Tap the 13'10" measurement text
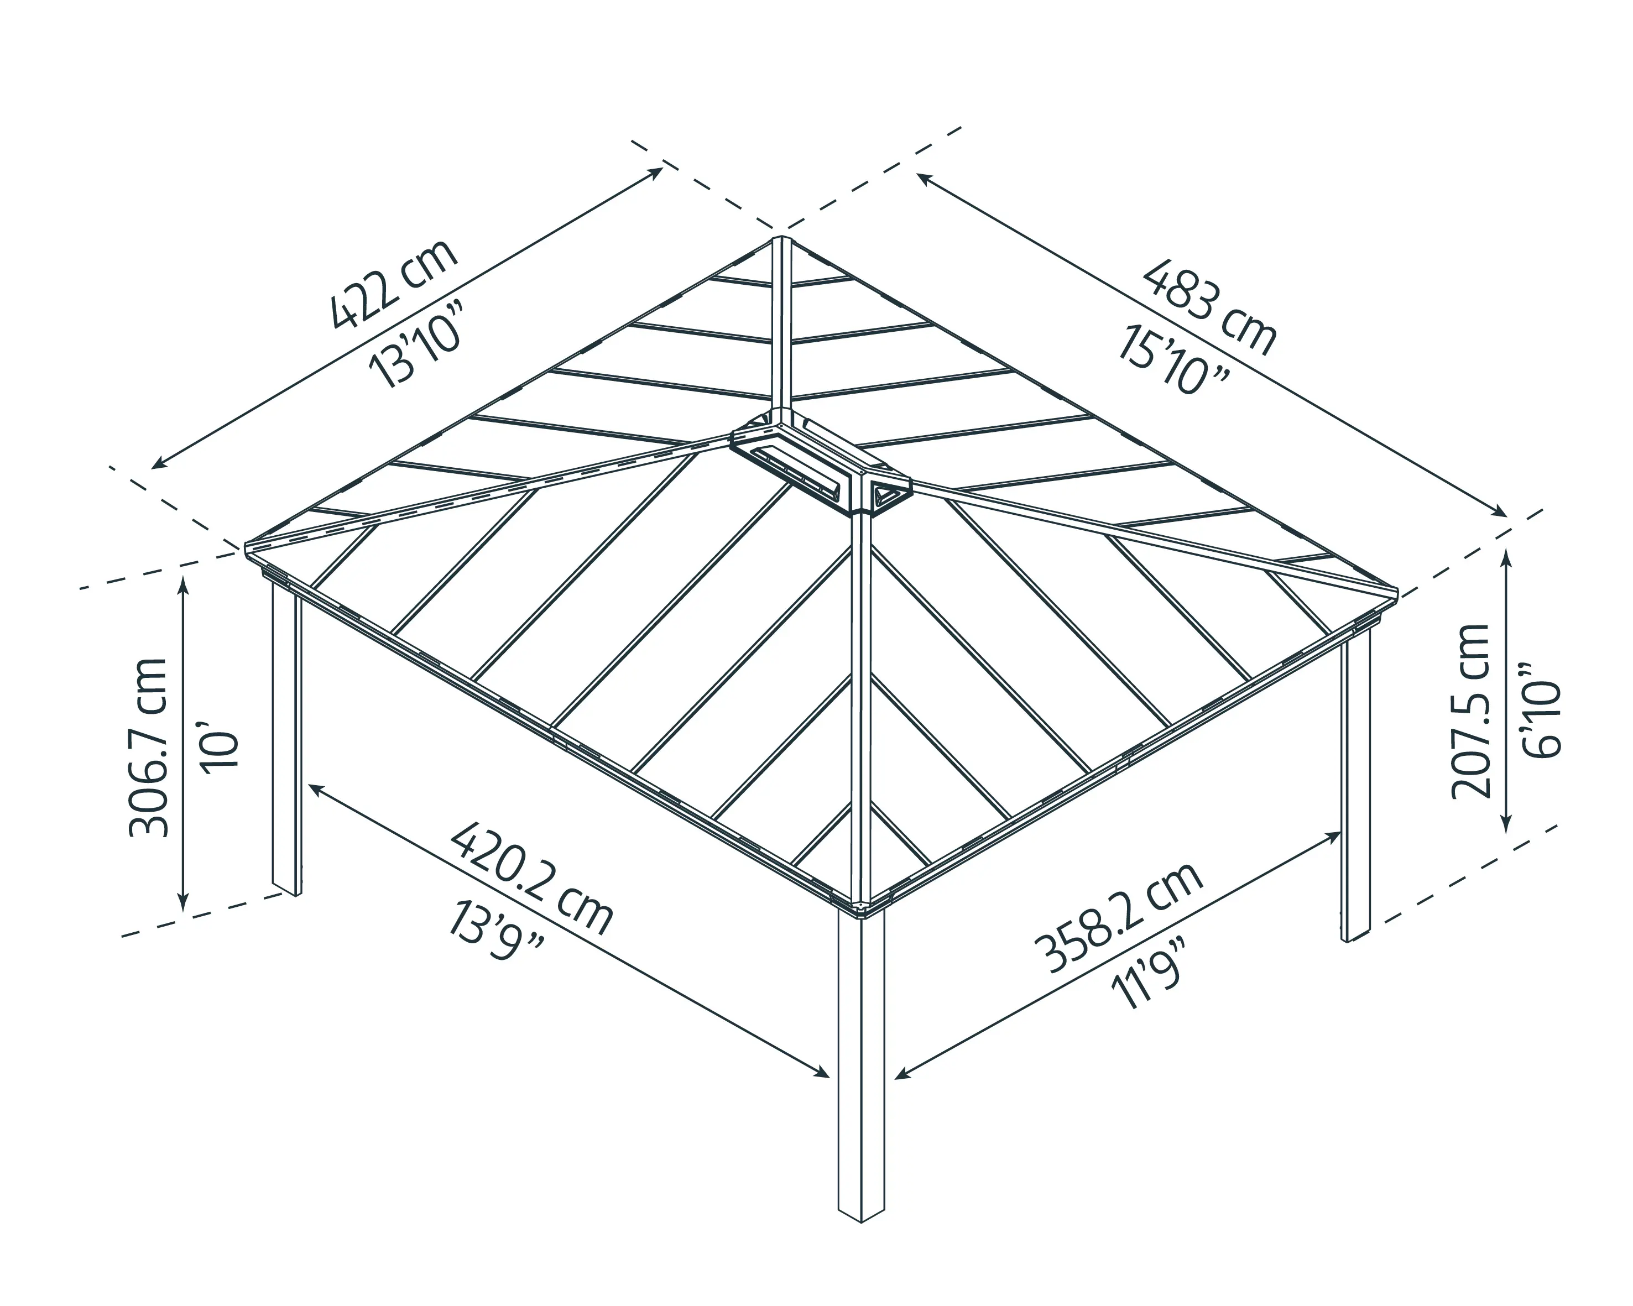click(x=415, y=344)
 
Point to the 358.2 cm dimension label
click(x=1118, y=918)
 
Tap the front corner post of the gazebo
click(x=861, y=1075)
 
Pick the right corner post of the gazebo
click(x=1356, y=787)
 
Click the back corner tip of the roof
click(x=781, y=241)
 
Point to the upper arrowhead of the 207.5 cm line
click(x=1506, y=553)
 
